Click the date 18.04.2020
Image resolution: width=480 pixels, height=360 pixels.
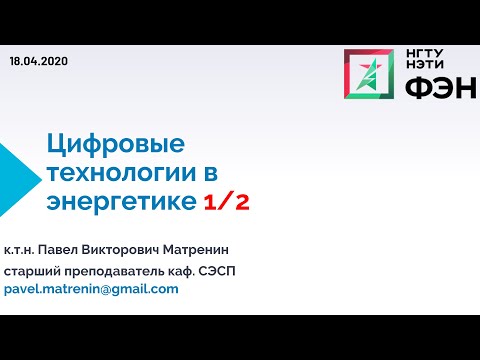[x=38, y=61]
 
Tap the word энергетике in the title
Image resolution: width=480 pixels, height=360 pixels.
[x=121, y=202]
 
